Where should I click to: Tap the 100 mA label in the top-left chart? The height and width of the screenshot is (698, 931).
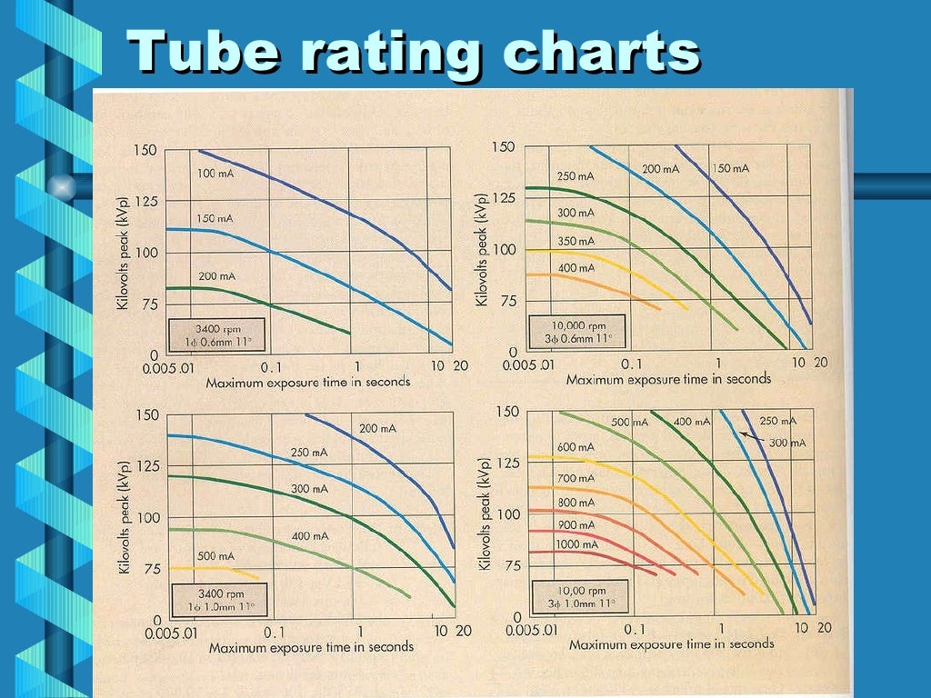(215, 174)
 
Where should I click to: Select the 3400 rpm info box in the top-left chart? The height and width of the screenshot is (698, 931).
(216, 334)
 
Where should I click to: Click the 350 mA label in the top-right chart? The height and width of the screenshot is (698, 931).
(575, 242)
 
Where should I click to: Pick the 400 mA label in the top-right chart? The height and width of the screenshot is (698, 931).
(575, 268)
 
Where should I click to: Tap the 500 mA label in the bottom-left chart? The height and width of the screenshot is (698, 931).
(215, 556)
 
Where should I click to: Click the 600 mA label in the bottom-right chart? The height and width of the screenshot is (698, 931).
(575, 447)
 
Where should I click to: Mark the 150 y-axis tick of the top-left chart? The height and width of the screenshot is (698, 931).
(145, 150)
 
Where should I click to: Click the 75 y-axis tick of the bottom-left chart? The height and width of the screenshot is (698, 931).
(151, 569)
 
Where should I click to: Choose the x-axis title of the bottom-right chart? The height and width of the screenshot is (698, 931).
(671, 643)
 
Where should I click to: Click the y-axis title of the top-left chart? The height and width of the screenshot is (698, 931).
(123, 252)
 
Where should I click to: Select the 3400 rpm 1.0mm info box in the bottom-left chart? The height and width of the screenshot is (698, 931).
(216, 599)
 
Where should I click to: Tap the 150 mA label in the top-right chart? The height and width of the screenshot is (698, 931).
(730, 169)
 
